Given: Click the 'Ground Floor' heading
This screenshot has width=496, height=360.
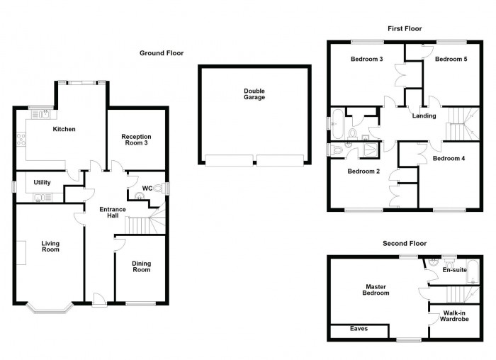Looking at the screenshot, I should [x=161, y=53].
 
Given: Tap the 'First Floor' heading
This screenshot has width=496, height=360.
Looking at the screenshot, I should [x=405, y=29].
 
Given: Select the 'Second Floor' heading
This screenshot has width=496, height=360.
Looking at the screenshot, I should [x=405, y=243].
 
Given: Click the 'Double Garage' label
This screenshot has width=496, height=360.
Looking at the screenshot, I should [x=254, y=94].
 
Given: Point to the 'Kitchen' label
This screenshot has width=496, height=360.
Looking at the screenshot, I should [x=64, y=129].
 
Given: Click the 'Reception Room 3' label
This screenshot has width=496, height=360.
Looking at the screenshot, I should [x=136, y=140].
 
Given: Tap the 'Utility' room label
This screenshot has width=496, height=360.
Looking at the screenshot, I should [x=43, y=183].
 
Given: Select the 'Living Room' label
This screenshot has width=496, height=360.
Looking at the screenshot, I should [x=50, y=246].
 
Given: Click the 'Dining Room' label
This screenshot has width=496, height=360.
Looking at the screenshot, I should [x=142, y=266].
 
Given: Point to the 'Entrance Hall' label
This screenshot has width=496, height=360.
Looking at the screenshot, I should [x=112, y=213].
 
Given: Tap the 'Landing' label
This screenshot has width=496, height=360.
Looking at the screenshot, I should [x=424, y=116].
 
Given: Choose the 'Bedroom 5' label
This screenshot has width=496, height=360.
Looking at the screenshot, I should [x=451, y=60].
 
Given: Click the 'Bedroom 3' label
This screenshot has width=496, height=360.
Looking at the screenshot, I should [x=366, y=60].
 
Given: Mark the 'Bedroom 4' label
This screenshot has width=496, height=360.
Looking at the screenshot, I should [x=449, y=158].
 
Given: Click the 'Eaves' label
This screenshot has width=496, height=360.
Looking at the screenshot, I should [x=359, y=329].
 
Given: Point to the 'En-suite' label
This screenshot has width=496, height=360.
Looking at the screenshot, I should [x=453, y=270].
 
